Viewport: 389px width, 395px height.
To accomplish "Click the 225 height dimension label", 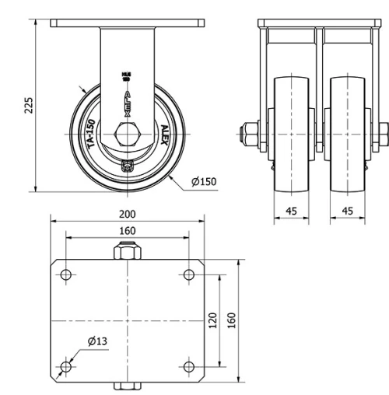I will [x=29, y=105].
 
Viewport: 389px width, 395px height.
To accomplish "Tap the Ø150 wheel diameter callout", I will [x=205, y=182].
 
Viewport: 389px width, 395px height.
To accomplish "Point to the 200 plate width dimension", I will [x=128, y=214].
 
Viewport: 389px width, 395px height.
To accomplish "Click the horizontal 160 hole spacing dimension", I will [x=128, y=231].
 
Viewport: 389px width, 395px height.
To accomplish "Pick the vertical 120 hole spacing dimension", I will [x=213, y=320].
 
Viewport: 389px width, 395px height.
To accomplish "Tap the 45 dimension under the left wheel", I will [x=292, y=211].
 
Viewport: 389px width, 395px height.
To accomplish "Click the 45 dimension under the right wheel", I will [x=347, y=211].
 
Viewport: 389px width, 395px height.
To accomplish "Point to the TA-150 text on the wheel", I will [x=91, y=135].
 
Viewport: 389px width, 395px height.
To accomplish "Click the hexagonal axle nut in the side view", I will [x=128, y=133].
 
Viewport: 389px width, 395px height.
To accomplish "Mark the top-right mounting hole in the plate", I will [x=188, y=274].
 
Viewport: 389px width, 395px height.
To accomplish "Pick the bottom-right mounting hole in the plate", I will [x=188, y=365].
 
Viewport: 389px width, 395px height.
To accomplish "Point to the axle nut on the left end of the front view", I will [x=252, y=133].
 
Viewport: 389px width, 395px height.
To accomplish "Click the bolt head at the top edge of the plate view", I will [x=128, y=253].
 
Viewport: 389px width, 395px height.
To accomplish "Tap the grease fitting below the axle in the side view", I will [x=128, y=164].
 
